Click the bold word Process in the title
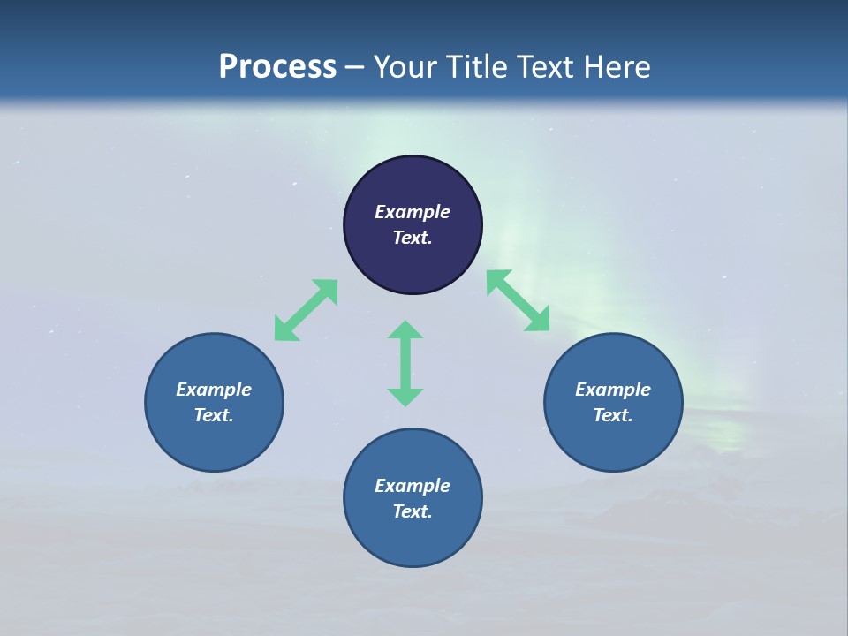tap(277, 67)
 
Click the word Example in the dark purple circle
tap(413, 212)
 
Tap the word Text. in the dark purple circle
tap(413, 238)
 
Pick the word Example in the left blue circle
tap(214, 390)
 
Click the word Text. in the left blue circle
tap(214, 415)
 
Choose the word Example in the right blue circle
tap(613, 390)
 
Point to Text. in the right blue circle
tap(613, 415)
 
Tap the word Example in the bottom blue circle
tap(413, 486)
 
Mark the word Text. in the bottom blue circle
tap(413, 511)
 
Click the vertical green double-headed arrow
tap(405, 363)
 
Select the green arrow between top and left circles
tap(306, 310)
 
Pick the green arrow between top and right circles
tap(518, 300)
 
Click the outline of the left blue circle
tap(146, 402)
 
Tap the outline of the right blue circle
tap(682, 402)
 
